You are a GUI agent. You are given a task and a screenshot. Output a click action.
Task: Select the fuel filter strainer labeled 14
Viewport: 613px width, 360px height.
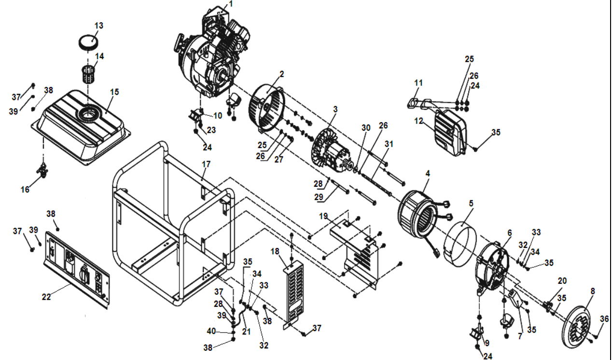coord(89,73)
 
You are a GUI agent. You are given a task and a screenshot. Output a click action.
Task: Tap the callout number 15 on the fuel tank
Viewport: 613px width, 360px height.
coord(114,92)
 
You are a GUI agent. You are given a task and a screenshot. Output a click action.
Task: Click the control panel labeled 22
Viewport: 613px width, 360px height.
coord(77,269)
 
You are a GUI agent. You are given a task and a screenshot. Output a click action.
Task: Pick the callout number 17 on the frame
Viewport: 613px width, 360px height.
coord(206,164)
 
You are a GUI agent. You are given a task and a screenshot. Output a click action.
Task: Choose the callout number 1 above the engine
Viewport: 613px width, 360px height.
coord(231,4)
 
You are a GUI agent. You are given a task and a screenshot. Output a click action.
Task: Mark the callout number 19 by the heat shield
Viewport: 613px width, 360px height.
coord(323,216)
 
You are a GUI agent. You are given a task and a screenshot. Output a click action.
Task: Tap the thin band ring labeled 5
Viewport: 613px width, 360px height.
coord(460,244)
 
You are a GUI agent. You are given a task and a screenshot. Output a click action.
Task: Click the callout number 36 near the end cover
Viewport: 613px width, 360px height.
coord(604,319)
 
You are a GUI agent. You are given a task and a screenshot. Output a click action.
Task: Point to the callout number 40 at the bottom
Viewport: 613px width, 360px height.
coord(211,331)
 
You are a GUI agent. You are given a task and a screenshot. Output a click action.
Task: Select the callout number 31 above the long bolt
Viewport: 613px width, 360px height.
coord(389,144)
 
